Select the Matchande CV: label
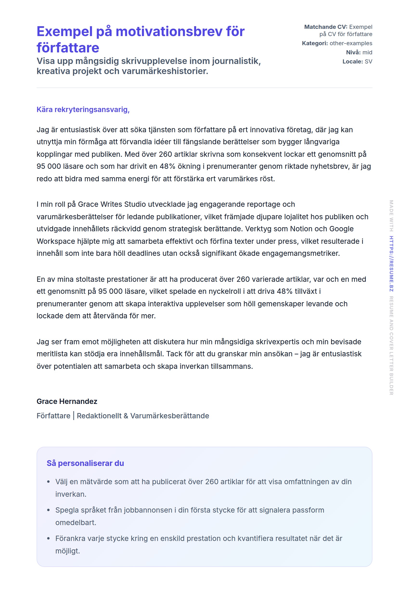[x=326, y=27]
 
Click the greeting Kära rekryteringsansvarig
[x=83, y=110]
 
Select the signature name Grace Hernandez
[x=67, y=401]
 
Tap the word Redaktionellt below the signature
[x=99, y=416]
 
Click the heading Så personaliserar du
[x=85, y=463]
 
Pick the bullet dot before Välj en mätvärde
[x=48, y=482]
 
